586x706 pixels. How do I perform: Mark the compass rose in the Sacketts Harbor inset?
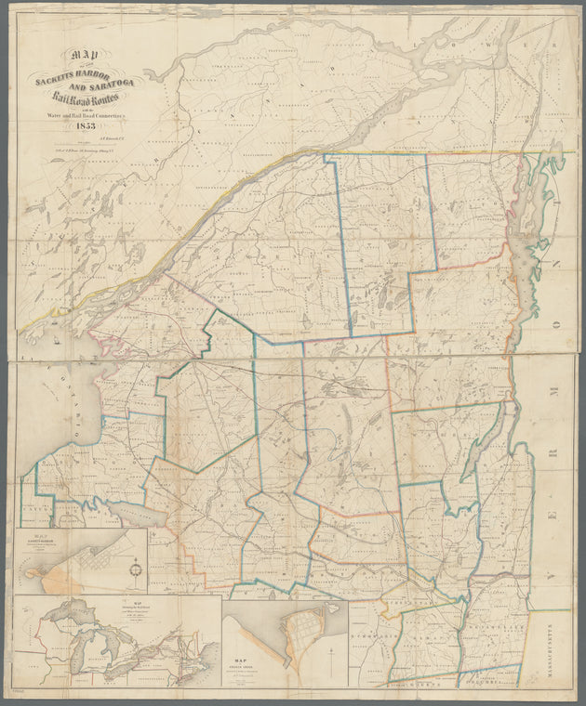click(137, 569)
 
